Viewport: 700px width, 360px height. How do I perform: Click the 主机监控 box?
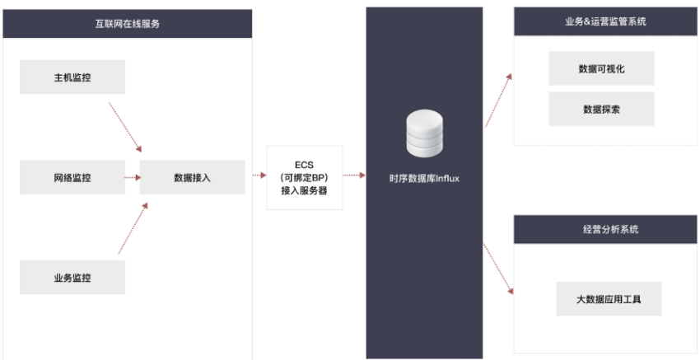(x=72, y=77)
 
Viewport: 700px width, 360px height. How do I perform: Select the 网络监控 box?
(x=72, y=177)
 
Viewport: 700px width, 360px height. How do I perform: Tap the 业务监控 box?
(x=72, y=278)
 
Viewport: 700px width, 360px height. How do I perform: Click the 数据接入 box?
(x=193, y=177)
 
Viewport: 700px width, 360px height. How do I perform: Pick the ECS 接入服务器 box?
(x=305, y=178)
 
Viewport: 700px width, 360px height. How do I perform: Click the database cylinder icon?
(x=425, y=133)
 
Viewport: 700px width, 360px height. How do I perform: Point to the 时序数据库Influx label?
(x=424, y=179)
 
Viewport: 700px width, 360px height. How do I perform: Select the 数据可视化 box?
(x=602, y=68)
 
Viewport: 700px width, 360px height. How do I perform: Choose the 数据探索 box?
(x=602, y=109)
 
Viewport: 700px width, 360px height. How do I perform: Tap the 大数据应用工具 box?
(x=609, y=299)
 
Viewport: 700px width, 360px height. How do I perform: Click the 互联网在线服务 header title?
(x=127, y=24)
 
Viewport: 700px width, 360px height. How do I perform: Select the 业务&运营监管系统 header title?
(x=606, y=21)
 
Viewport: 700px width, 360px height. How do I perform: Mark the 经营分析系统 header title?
(x=611, y=229)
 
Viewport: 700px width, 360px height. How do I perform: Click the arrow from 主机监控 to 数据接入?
(x=125, y=127)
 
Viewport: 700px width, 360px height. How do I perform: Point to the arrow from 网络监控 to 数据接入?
(x=133, y=177)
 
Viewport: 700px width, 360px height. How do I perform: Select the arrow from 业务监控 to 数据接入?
(x=133, y=229)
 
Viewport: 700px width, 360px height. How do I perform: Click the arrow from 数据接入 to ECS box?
(x=259, y=175)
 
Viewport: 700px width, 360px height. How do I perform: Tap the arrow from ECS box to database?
(x=354, y=175)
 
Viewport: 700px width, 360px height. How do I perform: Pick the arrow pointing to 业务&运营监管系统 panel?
(x=498, y=100)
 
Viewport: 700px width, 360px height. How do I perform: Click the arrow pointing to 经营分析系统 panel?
(x=498, y=269)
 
